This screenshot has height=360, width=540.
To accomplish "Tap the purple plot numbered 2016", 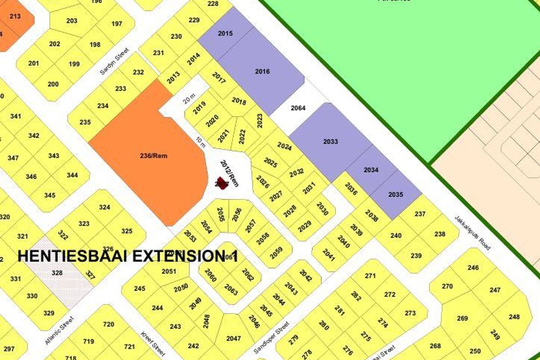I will (262, 72).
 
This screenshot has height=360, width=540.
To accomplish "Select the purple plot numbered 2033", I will (330, 142).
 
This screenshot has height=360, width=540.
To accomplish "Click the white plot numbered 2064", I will (298, 108).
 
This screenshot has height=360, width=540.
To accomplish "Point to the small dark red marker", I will (220, 184).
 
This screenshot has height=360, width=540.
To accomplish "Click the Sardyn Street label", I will (114, 61).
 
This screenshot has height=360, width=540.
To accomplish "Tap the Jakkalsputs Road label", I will (472, 232).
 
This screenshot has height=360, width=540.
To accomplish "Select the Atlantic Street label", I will (58, 330).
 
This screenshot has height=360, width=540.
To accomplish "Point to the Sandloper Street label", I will (270, 337).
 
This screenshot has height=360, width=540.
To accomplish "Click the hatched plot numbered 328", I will (58, 273).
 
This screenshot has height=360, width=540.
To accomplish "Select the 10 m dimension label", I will (200, 142).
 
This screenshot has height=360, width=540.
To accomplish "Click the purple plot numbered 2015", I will (225, 34).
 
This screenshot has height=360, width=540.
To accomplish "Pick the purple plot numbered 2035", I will (396, 195).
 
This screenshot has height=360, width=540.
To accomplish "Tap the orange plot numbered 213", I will (15, 17).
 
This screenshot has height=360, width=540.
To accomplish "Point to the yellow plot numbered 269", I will (462, 319).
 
